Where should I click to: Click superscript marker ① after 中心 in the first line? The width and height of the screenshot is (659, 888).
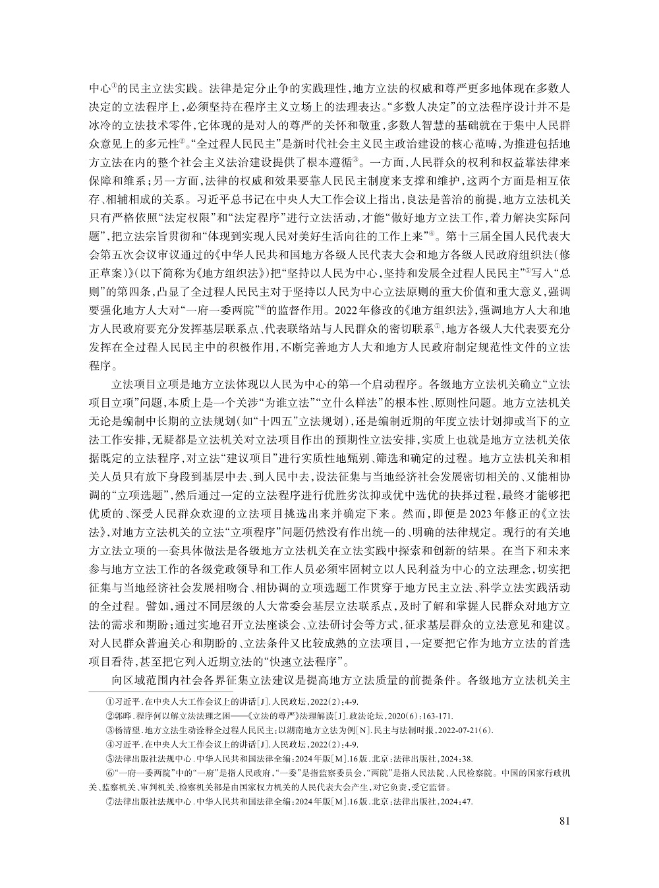pyautogui.click(x=113, y=84)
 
